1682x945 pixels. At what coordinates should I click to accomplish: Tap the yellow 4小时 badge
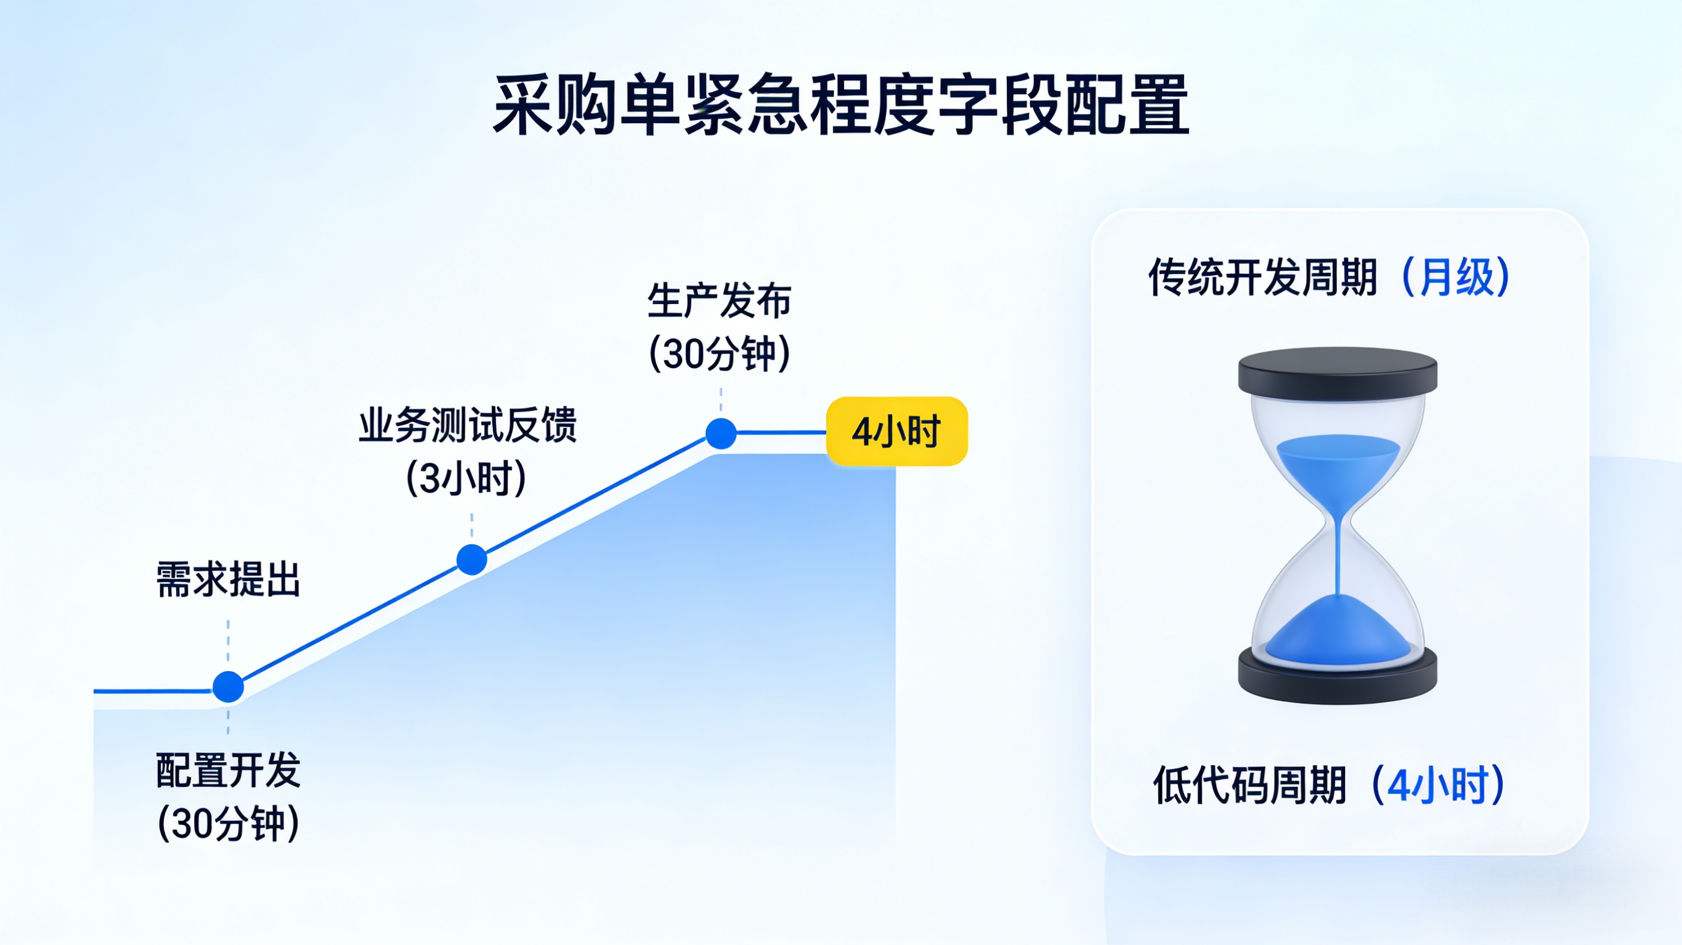point(896,432)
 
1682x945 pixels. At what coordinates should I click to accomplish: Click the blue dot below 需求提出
point(228,686)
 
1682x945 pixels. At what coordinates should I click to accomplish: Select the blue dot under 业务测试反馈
point(471,559)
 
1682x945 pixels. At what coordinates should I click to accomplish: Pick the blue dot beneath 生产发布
point(721,433)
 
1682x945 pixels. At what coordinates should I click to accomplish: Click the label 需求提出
point(228,579)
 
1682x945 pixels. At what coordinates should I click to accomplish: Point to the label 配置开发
point(228,770)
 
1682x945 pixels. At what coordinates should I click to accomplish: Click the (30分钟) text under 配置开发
point(228,824)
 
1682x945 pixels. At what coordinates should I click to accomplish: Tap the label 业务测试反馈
point(468,425)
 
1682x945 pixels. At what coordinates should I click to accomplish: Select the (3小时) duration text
point(466,478)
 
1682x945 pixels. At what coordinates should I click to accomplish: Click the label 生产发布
point(720,301)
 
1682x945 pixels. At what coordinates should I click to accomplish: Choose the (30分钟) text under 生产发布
point(720,354)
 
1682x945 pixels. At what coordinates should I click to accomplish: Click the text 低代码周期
point(1249,785)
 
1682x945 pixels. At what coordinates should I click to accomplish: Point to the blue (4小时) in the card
point(1439,785)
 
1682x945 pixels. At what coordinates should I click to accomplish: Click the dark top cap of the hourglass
point(1337,372)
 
